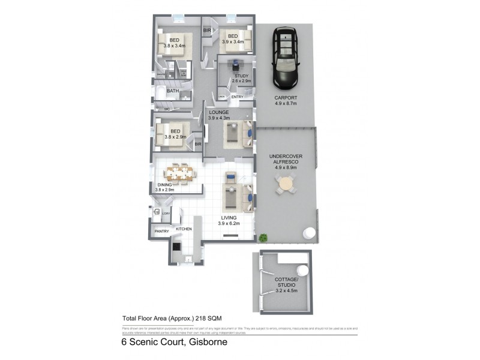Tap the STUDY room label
[x=242, y=76]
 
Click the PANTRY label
[x=161, y=231]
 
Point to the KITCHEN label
[x=184, y=230]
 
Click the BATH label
[x=172, y=91]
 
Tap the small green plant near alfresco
[x=263, y=238]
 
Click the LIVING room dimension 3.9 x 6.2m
[x=229, y=224]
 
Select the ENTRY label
[x=237, y=97]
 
